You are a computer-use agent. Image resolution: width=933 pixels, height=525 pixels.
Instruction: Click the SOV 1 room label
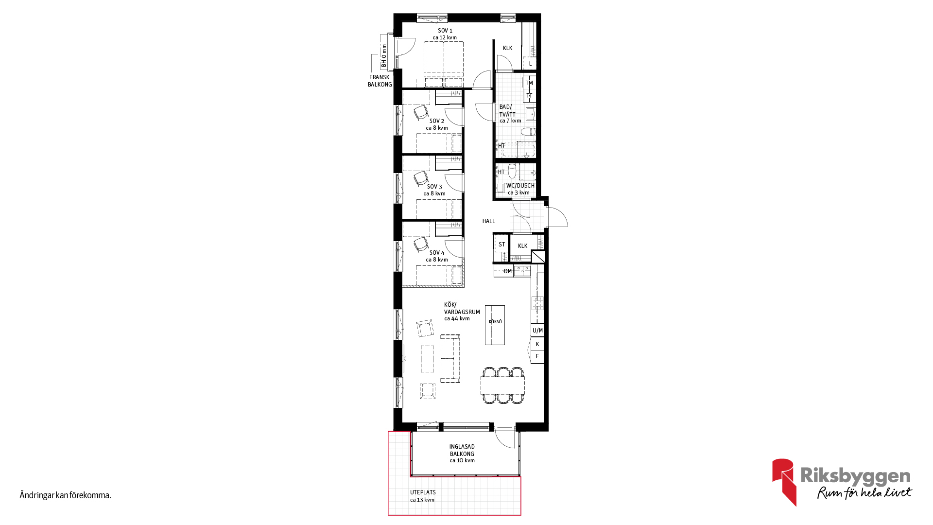tap(445, 31)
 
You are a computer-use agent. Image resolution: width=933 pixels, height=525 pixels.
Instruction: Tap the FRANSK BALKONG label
tap(380, 81)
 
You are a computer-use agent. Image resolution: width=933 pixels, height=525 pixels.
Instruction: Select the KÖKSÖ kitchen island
tap(495, 325)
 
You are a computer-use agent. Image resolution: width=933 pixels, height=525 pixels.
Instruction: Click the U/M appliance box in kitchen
tap(537, 331)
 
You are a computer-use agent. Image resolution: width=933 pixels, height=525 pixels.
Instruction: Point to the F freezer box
tap(537, 356)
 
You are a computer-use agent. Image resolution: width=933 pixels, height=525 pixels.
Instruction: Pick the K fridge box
tap(537, 344)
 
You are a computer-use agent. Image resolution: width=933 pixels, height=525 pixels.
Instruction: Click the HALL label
tap(489, 221)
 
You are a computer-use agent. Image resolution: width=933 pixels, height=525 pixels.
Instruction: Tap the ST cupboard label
tap(502, 245)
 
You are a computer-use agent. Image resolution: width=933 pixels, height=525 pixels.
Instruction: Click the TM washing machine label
tap(529, 83)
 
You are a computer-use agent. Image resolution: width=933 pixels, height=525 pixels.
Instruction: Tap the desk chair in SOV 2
tap(421, 113)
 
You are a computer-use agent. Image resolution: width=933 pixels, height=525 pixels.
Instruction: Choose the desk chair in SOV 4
tap(421, 245)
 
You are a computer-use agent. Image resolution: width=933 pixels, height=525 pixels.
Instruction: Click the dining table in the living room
tap(503, 385)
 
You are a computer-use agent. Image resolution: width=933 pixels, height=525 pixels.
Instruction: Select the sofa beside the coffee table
tap(450, 358)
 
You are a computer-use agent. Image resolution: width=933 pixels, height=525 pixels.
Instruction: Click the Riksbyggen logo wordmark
tap(855, 476)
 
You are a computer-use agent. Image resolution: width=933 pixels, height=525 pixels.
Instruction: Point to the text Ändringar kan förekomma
tap(66, 495)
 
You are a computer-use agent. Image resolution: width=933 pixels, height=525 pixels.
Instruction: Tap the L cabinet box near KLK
tap(530, 63)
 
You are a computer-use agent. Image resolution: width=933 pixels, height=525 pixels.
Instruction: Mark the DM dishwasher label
tap(508, 271)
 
